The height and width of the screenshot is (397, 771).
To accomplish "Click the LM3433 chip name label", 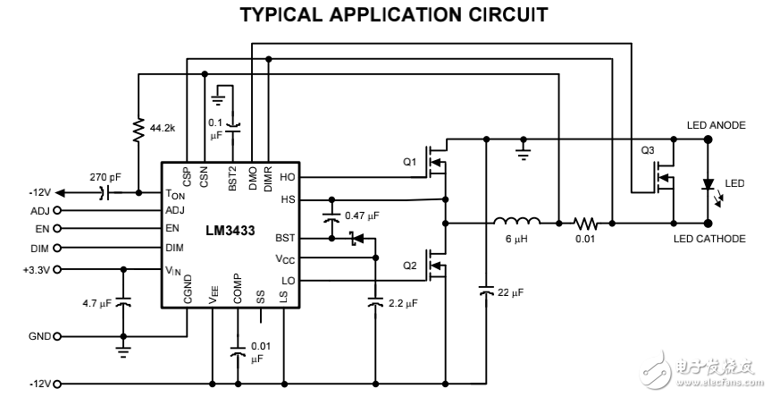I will point(229,231).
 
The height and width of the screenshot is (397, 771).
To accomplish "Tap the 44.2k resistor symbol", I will point(138,131).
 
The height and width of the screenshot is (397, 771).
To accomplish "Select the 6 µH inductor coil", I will point(517,222).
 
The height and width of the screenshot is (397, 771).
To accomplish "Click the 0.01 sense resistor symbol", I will point(585,222).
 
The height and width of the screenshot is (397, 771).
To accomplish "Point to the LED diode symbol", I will point(708,184).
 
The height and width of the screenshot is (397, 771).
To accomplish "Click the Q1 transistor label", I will point(409,162).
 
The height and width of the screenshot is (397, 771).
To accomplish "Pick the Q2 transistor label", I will point(409,266).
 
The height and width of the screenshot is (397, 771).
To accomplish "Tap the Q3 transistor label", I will point(649,150).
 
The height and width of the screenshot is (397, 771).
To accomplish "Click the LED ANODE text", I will point(716,125).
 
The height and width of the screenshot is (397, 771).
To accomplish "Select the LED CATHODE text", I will point(722,239).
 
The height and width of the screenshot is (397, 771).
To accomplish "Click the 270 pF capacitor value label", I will point(105,177).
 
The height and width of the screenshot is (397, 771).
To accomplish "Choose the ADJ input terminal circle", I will point(57,211).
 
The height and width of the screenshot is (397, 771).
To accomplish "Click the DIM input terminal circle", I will point(57,249).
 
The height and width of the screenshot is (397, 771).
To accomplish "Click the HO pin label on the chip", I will point(287,177).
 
